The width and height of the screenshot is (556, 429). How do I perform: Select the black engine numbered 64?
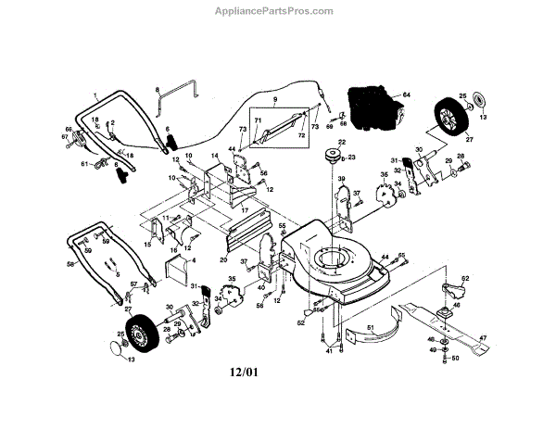pyautogui.click(x=371, y=106)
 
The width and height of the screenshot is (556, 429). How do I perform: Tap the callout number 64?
pyautogui.click(x=406, y=95)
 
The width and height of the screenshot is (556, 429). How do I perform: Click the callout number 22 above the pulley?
pyautogui.click(x=340, y=141)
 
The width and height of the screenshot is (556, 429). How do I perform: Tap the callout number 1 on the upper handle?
pyautogui.click(x=95, y=95)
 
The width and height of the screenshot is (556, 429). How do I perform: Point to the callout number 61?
pyautogui.click(x=83, y=164)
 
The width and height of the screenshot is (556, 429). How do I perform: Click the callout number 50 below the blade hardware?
pyautogui.click(x=455, y=357)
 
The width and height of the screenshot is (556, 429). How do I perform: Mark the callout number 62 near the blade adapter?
pyautogui.click(x=465, y=279)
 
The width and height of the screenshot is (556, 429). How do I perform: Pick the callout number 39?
pyautogui.click(x=341, y=179)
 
